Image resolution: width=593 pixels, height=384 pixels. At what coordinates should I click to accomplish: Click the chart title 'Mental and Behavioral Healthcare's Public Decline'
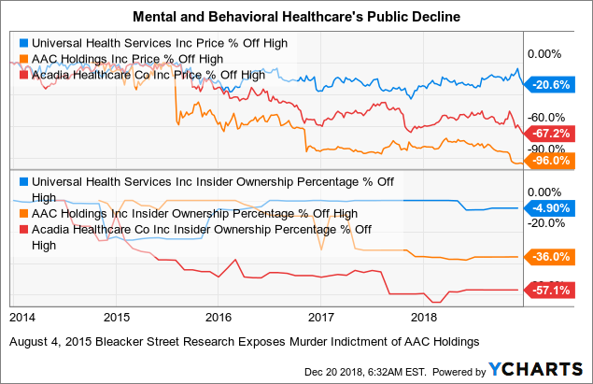tap(297, 17)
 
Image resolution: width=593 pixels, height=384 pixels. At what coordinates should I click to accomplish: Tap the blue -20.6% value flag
tap(549, 85)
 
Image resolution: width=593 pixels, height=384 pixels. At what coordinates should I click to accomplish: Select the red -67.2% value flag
tap(549, 134)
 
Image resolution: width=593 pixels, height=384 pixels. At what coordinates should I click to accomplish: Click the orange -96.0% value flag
tap(549, 161)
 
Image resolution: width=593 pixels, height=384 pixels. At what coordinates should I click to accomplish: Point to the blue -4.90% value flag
tap(549, 208)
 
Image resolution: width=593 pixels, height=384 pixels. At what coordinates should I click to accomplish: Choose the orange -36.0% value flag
tap(549, 257)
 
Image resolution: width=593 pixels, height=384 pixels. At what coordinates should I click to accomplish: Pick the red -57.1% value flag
tap(549, 291)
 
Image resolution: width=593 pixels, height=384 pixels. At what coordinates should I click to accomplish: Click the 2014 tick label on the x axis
tap(22, 317)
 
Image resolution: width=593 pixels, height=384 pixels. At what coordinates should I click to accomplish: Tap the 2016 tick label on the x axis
tap(219, 317)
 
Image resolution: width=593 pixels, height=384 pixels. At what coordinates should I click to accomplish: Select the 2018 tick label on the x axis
tap(424, 317)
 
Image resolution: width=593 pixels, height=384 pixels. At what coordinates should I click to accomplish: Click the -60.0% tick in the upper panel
tap(546, 118)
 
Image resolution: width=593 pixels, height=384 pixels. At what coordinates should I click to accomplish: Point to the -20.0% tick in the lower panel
tap(546, 223)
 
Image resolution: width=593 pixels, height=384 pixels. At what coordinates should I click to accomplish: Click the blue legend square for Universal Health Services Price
tap(24, 43)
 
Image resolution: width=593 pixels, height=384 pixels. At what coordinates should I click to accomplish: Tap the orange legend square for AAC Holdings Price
tap(24, 59)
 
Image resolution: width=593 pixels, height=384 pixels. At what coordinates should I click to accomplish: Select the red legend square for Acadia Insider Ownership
tap(24, 230)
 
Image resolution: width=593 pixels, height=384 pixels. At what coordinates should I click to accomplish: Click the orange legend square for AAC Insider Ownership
tap(24, 214)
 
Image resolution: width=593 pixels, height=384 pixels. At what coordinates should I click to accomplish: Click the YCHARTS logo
tap(535, 369)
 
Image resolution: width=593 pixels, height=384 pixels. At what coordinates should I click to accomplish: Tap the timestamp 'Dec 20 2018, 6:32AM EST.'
tap(365, 372)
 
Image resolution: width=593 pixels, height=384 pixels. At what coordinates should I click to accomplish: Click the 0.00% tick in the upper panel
tap(544, 54)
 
